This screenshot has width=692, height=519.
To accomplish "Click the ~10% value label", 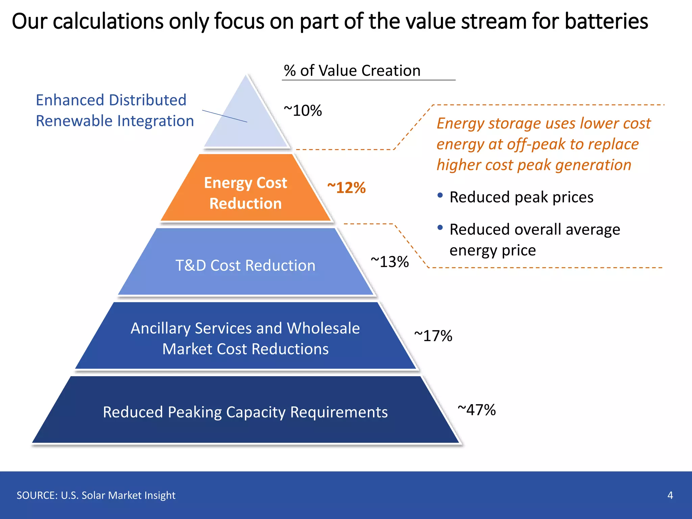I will (303, 110).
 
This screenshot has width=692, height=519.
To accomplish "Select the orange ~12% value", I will (346, 188).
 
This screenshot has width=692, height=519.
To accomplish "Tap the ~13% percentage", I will (390, 262).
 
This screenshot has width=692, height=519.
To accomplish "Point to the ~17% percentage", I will (433, 336).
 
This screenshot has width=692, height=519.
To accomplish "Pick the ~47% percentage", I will (476, 410).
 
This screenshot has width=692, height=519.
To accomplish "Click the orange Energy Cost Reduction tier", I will (246, 193).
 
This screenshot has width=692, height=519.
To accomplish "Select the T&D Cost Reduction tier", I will (246, 265).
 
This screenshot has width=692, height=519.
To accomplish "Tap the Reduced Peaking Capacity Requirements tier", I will (246, 412).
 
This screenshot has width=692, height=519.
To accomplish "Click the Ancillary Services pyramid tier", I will (246, 338).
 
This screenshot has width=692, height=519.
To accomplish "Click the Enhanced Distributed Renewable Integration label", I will (115, 110).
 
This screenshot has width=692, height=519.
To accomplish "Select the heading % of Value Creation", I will (352, 71).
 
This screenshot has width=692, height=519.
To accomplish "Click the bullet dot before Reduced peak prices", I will (440, 195).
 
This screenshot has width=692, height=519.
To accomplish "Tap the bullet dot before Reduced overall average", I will (440, 228).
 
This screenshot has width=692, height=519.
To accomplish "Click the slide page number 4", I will (670, 495).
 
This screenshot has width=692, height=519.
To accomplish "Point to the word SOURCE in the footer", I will (37, 495).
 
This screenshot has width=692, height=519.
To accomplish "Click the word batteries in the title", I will (606, 21).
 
